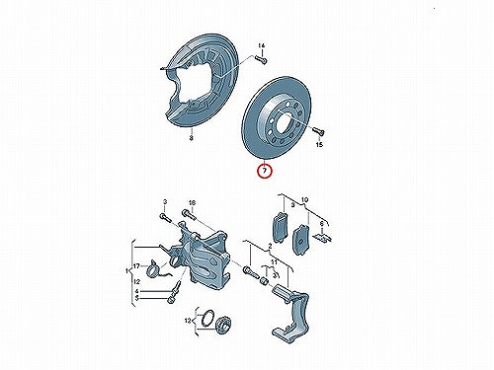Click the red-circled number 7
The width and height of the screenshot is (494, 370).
pos(264,171)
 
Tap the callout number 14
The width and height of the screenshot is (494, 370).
pos(261,45)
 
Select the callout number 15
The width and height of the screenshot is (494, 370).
pos(319,144)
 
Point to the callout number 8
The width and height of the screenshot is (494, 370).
pos(191,138)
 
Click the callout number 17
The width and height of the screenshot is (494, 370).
pos(136,265)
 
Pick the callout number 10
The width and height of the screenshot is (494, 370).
pos(304,199)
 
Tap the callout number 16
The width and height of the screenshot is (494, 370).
pos(192,203)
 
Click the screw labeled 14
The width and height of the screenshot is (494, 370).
pos(261,59)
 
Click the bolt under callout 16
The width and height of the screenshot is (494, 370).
pos(189,215)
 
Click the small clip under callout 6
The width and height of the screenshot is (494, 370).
pos(322,237)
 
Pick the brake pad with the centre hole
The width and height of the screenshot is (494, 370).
pos(300,240)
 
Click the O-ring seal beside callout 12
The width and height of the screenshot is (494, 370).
pos(207,319)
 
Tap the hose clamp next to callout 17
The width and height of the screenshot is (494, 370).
pos(154,267)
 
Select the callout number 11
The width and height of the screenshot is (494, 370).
pos(274,262)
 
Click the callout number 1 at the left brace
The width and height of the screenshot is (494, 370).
pos(126,270)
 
